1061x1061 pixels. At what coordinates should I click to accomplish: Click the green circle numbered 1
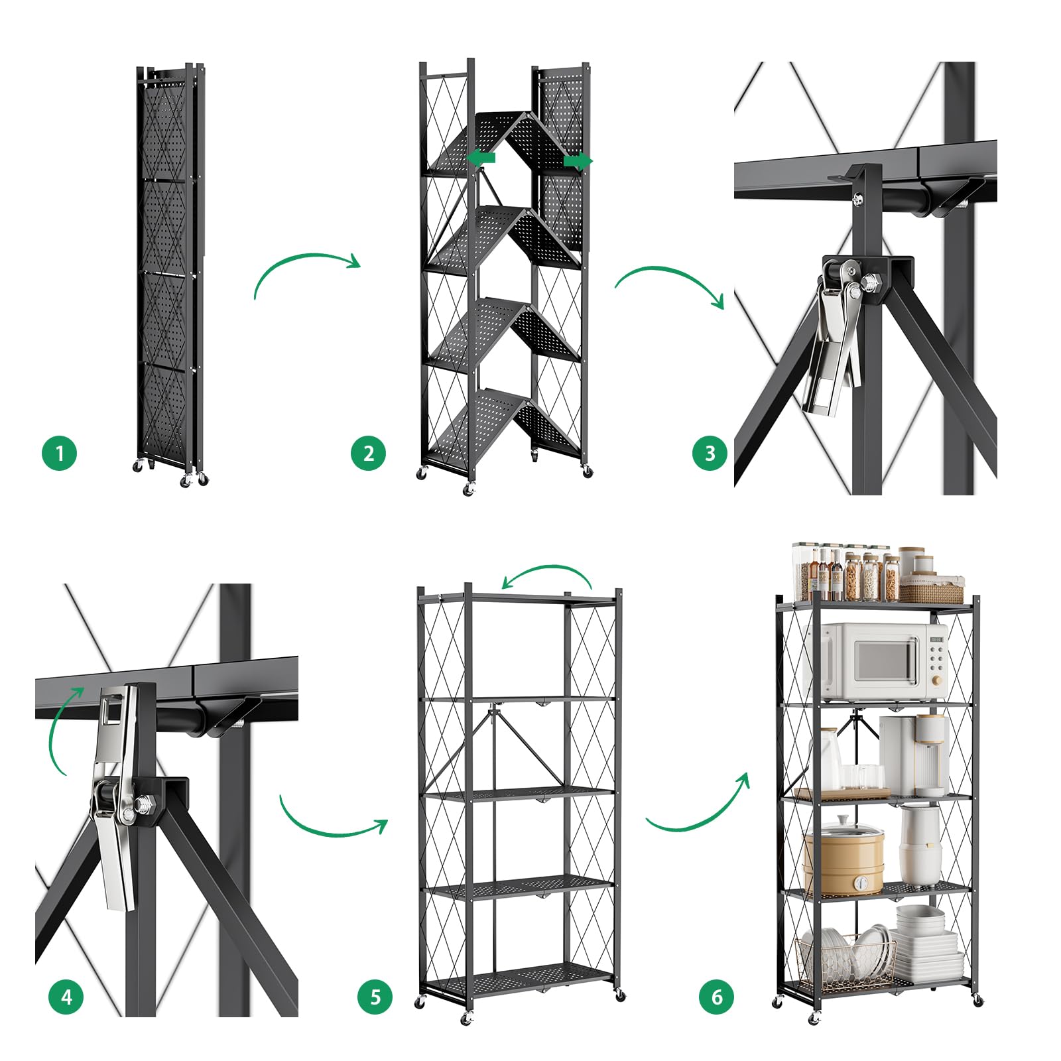pyautogui.click(x=60, y=454)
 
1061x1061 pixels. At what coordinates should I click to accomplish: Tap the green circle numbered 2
pyautogui.click(x=369, y=454)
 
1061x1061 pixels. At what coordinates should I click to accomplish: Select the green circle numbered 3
pyautogui.click(x=710, y=454)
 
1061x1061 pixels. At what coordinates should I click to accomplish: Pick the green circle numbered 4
pyautogui.click(x=66, y=997)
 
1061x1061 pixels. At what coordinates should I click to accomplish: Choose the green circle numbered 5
pyautogui.click(x=376, y=997)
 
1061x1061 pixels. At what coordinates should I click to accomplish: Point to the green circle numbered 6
pyautogui.click(x=717, y=997)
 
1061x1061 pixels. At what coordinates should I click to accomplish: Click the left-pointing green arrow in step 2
pyautogui.click(x=481, y=158)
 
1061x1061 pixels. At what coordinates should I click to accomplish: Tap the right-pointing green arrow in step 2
pyautogui.click(x=578, y=160)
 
